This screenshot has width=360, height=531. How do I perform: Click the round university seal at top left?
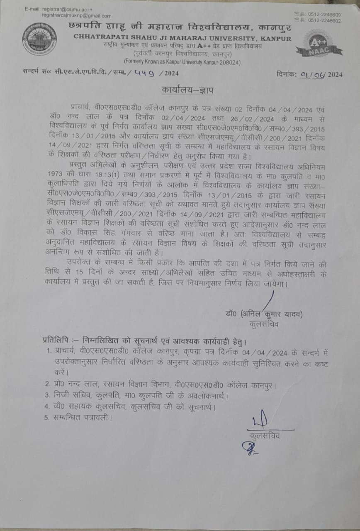pyautogui.click(x=39, y=39)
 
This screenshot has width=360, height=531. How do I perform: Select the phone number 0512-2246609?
pyautogui.click(x=325, y=15)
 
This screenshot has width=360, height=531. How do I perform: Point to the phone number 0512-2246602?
pyautogui.click(x=325, y=20)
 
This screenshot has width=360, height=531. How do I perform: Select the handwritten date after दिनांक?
pyautogui.click(x=314, y=75)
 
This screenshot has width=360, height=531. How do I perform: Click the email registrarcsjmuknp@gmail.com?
pyautogui.click(x=77, y=16)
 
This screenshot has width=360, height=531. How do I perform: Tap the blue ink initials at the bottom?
pyautogui.click(x=248, y=448)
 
